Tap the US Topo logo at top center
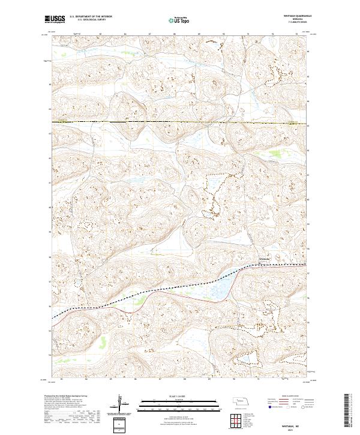179,19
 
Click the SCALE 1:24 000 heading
179,396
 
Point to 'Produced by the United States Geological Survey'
66,396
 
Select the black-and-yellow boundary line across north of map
180,122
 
